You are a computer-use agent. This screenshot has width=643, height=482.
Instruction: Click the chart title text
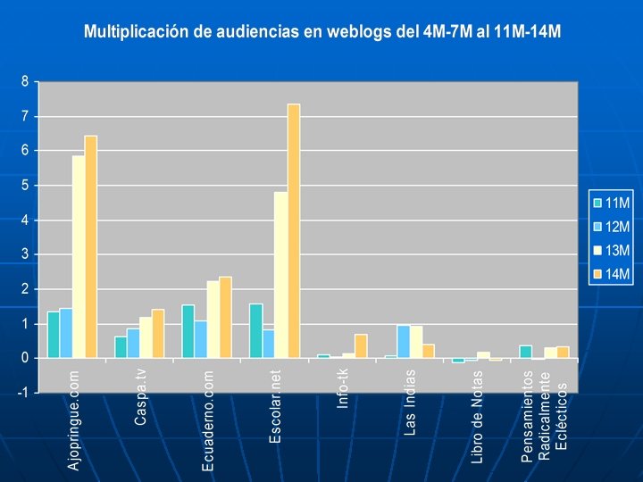coord(321,32)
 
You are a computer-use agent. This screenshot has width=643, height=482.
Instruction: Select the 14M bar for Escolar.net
coord(293,231)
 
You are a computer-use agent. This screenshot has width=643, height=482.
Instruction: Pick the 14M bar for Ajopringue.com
coord(90,246)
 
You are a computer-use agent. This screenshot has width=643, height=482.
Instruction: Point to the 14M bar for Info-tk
coord(361,346)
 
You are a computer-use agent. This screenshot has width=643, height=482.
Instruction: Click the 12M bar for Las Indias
coord(404,342)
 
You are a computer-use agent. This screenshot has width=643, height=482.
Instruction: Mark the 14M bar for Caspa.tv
coord(158,334)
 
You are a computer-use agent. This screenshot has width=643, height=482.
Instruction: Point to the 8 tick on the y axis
coord(25,81)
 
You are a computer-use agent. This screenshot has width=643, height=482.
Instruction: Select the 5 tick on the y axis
coord(25,186)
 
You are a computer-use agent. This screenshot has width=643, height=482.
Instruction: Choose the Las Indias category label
coord(410,402)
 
